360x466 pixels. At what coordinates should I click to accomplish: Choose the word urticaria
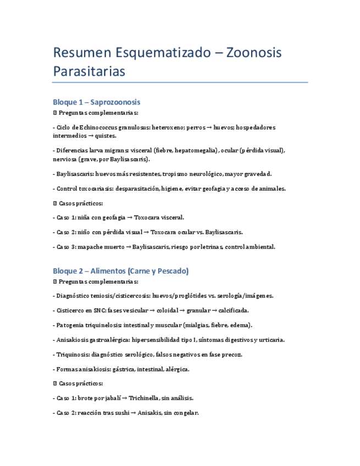pyautogui.click(x=270, y=340)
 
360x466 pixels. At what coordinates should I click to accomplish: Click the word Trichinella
pyautogui.click(x=145, y=397)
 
